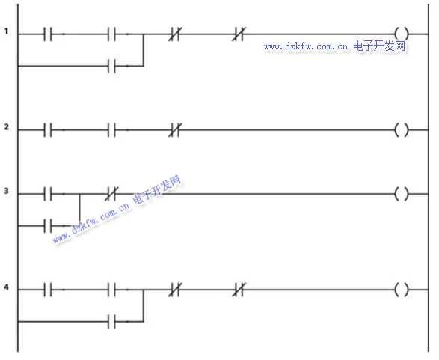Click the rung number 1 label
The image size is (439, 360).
pos(6,31)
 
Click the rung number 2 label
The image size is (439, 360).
pos(7,127)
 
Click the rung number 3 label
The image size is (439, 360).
pos(7,191)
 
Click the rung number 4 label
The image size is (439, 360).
pos(7,287)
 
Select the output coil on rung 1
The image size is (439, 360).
pos(402,34)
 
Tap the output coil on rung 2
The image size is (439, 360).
pos(402,130)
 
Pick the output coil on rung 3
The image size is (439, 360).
pos(402,194)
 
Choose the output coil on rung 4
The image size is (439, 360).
pos(402,290)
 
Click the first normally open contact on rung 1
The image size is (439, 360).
pos(48,34)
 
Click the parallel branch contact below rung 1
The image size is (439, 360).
pos(111,66)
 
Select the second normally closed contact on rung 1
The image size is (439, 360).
pos(239,34)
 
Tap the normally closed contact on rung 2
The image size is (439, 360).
pos(175,130)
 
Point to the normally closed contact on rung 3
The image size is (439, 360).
pos(111,194)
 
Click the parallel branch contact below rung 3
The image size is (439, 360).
pos(48,226)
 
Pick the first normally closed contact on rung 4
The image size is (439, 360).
pos(175,290)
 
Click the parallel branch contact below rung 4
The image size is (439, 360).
pos(111,322)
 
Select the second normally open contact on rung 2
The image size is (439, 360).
pos(111,130)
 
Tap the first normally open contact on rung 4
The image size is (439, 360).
pos(48,290)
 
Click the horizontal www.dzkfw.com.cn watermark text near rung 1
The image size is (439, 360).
pos(306,46)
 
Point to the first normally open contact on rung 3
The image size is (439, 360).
pos(48,194)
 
